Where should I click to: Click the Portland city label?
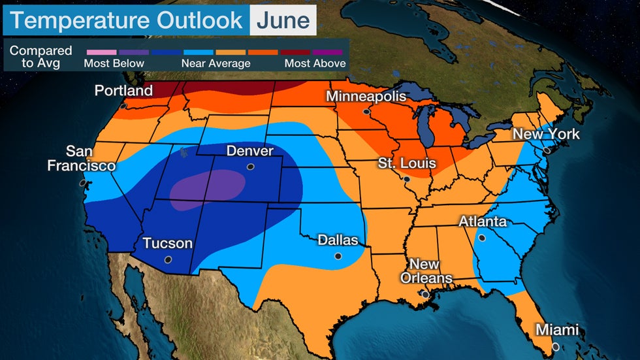coord(123,90)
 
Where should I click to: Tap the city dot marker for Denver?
coord(250,167)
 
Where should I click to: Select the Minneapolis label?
coord(366,97)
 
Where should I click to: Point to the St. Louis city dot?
coord(406,178)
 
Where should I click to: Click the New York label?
coord(545,134)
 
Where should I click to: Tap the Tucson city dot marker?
coord(168,259)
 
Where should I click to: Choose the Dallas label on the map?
coord(338,240)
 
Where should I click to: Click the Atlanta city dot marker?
coord(482,238)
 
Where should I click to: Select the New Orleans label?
coord(424,271)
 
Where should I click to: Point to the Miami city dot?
coord(554,346)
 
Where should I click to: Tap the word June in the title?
coord(282,20)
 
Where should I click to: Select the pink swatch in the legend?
coord(101,51)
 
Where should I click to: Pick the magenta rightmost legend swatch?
coord(329,51)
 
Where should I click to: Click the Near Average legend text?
coord(216,63)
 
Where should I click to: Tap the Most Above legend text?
coord(315,63)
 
